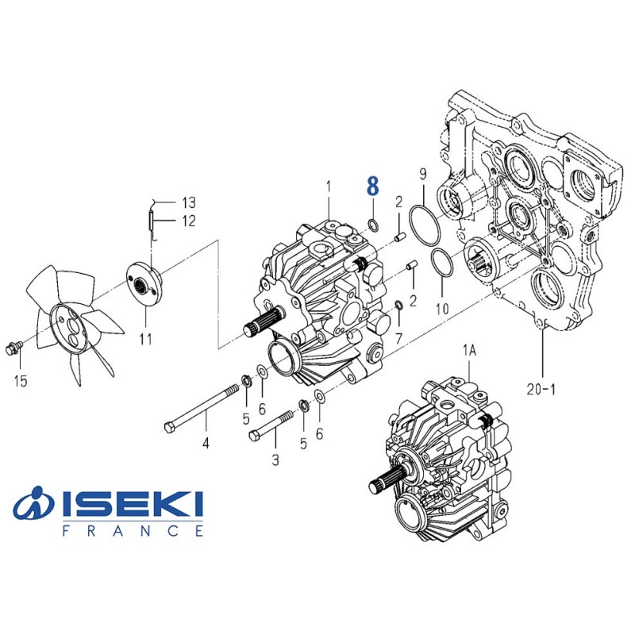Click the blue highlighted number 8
(x=372, y=187)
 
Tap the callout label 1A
(x=470, y=349)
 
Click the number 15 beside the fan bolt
(x=21, y=382)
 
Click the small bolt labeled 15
(x=13, y=347)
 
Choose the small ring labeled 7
(x=398, y=306)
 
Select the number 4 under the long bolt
(x=205, y=443)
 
